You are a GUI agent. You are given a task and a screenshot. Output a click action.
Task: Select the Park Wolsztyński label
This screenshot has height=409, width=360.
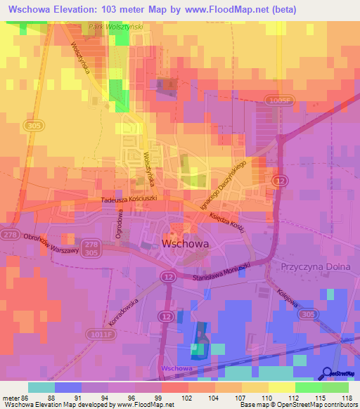pyautogui.click(x=116, y=27)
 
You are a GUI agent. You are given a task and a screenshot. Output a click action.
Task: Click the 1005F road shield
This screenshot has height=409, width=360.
pyautogui.click(x=278, y=102)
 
